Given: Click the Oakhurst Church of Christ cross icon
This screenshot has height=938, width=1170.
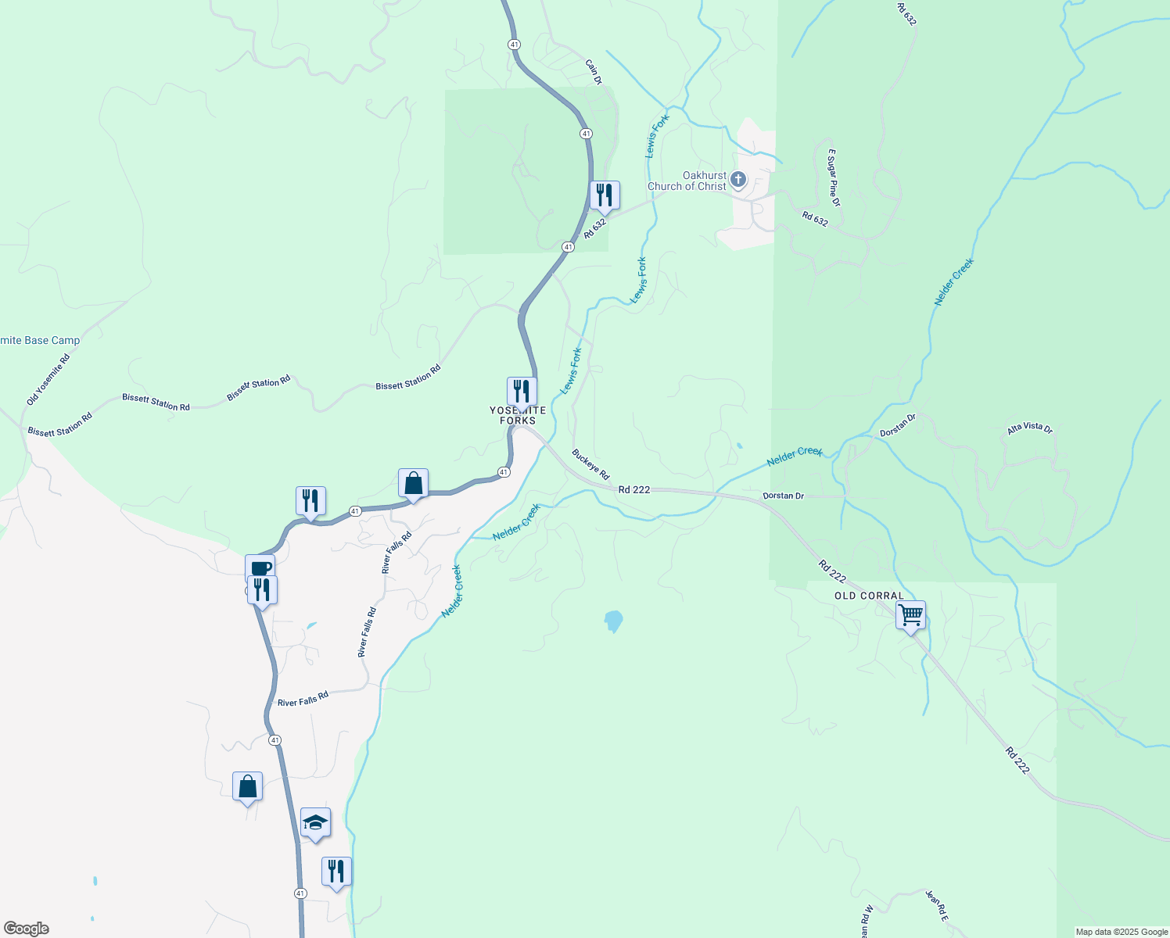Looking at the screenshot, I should pos(738,181).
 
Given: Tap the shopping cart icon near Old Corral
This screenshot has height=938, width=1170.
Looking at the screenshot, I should pos(910,615).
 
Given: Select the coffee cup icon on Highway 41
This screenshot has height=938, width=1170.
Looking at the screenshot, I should pos(260,568).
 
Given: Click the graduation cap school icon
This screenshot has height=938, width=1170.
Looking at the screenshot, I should pos(315,823).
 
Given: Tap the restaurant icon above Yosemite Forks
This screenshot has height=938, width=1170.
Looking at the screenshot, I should pos(522,391).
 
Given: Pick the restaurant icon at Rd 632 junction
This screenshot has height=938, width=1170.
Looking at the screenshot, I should pos(605,195).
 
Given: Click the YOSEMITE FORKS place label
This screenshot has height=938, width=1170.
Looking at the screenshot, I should pos(518,415).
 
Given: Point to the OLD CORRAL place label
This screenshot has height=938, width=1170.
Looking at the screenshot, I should pos(869,596).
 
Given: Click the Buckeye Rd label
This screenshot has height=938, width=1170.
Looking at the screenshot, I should pos(590,464).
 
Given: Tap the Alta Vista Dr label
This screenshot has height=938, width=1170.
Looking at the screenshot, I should pos(1029,428).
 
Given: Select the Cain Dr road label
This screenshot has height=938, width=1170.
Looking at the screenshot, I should pos(594,71).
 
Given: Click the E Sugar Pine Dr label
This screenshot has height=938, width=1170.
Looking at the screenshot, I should pos(834,177).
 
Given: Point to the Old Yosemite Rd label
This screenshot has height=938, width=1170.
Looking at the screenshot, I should pos(48,380).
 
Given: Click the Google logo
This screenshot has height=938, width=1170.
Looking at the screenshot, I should pos(27,929).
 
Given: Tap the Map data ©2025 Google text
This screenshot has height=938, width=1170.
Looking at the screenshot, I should pos(1122,932).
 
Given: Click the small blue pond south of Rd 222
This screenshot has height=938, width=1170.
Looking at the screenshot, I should pos(614,621).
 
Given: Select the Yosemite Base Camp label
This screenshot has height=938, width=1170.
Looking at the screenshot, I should pos(40,341).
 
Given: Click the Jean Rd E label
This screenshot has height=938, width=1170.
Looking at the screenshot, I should pos(936,905).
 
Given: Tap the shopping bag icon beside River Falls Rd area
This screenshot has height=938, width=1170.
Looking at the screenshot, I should pos(413,484).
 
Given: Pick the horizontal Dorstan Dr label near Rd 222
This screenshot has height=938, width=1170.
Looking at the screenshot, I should pos(783,496).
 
